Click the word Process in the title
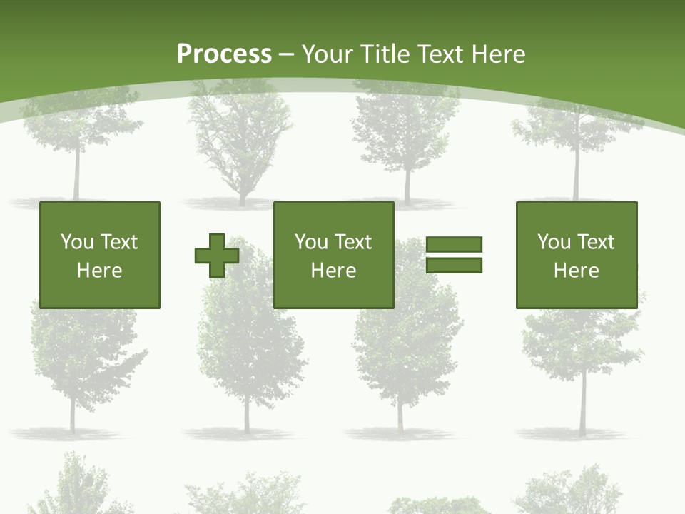pos(224,54)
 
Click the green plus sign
pos(217,256)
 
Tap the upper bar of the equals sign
pos(454,244)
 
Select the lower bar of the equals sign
pos(454,266)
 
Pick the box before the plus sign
pos(100,255)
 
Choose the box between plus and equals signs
pos(334,255)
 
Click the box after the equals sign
pos(577,255)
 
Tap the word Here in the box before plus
pos(100,271)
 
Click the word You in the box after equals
pos(554,242)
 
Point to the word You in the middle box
pos(311,242)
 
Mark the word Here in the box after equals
pos(577,271)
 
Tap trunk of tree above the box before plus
pos(76,175)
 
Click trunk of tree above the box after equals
pos(576,175)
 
